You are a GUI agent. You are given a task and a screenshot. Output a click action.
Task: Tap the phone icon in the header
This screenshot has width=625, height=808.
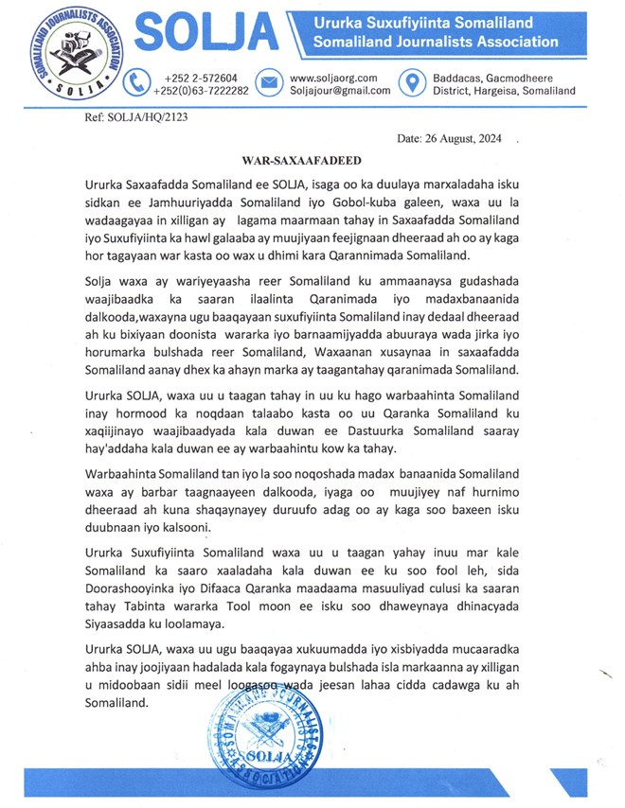pyautogui.click(x=137, y=83)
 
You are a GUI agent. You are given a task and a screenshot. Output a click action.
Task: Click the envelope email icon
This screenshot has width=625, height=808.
pyautogui.click(x=268, y=83)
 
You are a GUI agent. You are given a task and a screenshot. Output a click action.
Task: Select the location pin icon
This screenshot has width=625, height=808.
pyautogui.click(x=409, y=83)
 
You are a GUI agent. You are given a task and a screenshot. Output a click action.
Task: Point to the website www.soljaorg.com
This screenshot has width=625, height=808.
pyautogui.click(x=333, y=78)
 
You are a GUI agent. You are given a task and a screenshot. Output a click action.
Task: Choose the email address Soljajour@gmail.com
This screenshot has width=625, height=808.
pyautogui.click(x=339, y=91)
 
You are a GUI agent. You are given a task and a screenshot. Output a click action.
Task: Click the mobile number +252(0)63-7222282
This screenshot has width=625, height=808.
pyautogui.click(x=202, y=91)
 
